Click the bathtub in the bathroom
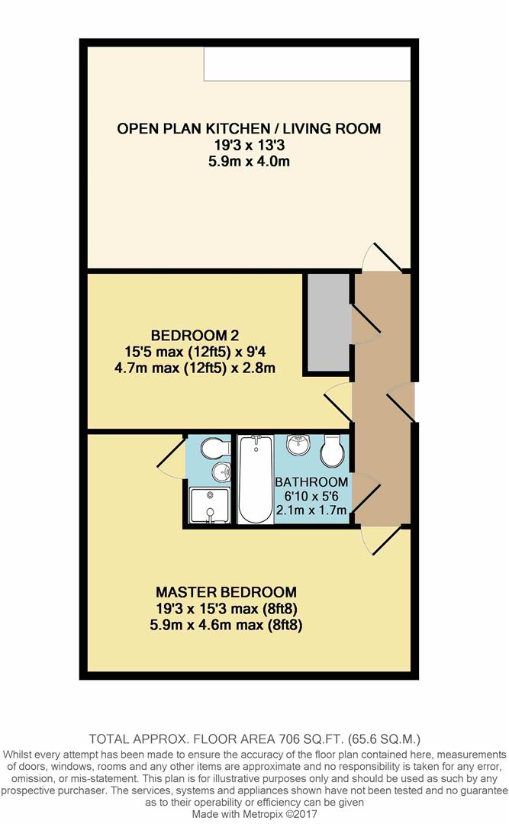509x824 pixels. [256, 478]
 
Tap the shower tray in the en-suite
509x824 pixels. [210, 506]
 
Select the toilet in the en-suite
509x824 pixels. [216, 447]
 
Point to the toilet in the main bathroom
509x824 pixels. [332, 451]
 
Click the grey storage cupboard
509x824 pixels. [327, 323]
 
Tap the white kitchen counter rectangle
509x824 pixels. [307, 63]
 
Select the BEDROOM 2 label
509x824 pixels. [195, 335]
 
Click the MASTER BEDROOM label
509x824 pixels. [226, 592]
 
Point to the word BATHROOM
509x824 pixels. [311, 482]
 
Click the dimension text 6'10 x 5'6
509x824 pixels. [311, 496]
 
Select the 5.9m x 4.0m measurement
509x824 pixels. [249, 161]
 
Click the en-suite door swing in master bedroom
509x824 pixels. [172, 452]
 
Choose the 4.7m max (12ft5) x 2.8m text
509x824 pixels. [195, 368]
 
